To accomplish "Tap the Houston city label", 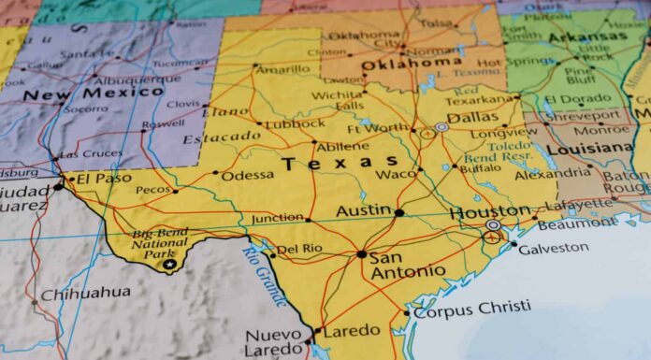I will pyautogui.click(x=490, y=212).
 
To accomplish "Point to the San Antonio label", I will pyautogui.click(x=407, y=264).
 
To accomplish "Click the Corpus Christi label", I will pyautogui.click(x=472, y=309).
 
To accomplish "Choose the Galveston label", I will pyautogui.click(x=554, y=248).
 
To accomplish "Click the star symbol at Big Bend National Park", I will pyautogui.click(x=169, y=265).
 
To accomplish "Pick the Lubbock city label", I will pyautogui.click(x=294, y=123).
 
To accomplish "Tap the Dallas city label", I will pyautogui.click(x=472, y=118).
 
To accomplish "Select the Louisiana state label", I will pyautogui.click(x=589, y=149).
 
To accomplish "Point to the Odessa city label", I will pyautogui.click(x=247, y=174).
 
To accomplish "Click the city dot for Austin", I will pyautogui.click(x=399, y=212).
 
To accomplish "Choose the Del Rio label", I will pyautogui.click(x=300, y=250).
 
